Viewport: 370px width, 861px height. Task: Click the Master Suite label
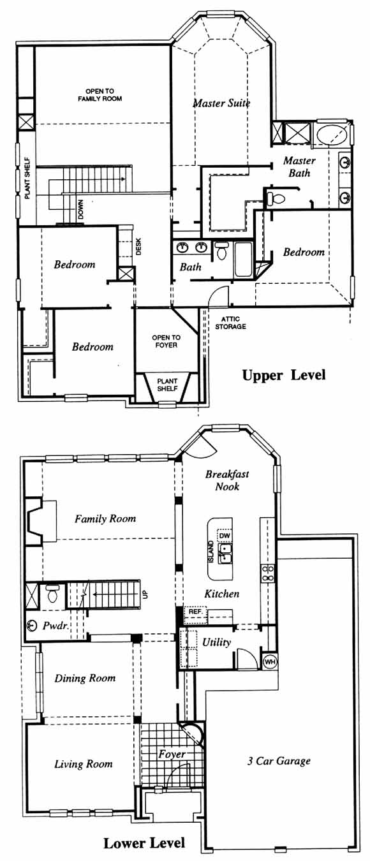(221, 103)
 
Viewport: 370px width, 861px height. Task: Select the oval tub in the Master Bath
(332, 134)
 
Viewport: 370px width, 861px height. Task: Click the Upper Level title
(284, 375)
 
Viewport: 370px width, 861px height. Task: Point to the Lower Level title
(144, 844)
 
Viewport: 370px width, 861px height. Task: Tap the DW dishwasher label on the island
(225, 536)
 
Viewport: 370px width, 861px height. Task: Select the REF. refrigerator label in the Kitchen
(196, 611)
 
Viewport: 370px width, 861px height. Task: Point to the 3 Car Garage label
(279, 761)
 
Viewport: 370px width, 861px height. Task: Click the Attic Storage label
(230, 323)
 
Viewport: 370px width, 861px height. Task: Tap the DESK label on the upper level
(138, 247)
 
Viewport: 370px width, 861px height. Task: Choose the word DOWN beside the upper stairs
(80, 209)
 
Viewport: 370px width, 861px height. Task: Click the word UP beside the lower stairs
(145, 594)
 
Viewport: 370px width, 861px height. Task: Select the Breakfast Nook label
(227, 480)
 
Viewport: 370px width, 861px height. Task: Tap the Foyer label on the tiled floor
(172, 754)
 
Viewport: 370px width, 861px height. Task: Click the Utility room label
(216, 642)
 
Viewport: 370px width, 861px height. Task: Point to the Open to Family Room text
(100, 95)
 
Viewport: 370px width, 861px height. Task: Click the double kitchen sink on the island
(225, 554)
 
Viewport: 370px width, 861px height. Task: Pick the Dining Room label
(85, 678)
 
